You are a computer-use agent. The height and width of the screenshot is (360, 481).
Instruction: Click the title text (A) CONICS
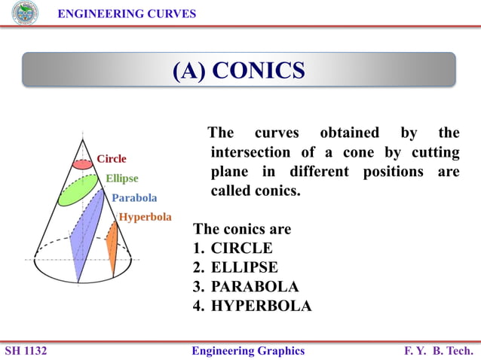(239, 70)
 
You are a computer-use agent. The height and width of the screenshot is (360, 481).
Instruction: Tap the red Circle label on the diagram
(112, 159)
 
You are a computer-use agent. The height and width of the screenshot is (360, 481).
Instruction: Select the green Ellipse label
(121, 178)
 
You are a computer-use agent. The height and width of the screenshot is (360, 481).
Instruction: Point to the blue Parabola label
(134, 198)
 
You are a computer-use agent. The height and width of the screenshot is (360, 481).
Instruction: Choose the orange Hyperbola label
(145, 217)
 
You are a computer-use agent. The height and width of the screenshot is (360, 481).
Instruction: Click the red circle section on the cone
(82, 163)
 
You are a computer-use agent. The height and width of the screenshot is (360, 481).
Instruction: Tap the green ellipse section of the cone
(78, 190)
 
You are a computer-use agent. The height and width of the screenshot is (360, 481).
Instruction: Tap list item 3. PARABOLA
(246, 287)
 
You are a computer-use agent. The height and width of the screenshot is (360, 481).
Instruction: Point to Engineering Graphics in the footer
(248, 351)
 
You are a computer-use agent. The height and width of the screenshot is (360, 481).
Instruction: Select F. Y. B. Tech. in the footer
(439, 351)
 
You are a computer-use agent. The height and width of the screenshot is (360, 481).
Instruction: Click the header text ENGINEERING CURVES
(127, 14)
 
